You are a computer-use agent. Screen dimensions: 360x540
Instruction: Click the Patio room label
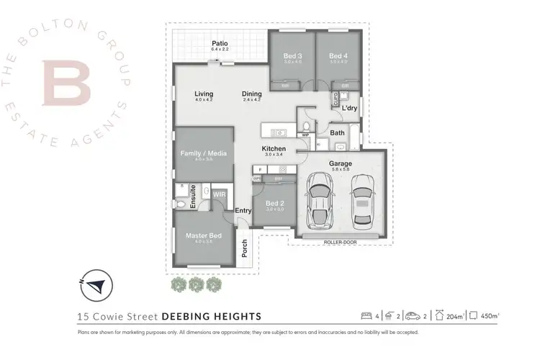pos(220,44)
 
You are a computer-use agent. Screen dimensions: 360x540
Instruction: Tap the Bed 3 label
pos(291,55)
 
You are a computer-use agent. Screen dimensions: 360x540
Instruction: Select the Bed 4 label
pos(338,55)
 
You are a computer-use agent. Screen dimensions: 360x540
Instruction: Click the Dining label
pos(251,94)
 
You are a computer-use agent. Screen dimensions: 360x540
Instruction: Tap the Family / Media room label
pos(202,153)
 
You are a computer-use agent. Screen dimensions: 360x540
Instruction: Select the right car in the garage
pos(364,202)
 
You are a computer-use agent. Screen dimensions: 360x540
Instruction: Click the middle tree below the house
pos(194,284)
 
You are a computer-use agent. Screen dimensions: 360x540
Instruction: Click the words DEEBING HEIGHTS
pos(210,316)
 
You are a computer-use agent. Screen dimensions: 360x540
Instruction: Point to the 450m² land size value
pos(492,316)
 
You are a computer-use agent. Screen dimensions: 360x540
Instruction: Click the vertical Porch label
pos(245,248)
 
